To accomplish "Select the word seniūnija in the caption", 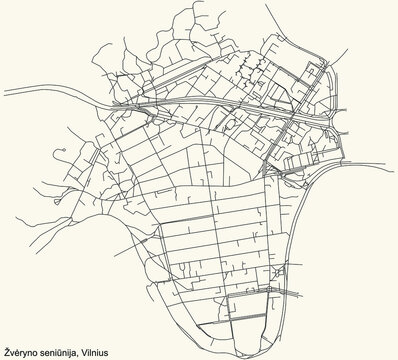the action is (69, 351).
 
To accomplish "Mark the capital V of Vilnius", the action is (98, 351).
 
